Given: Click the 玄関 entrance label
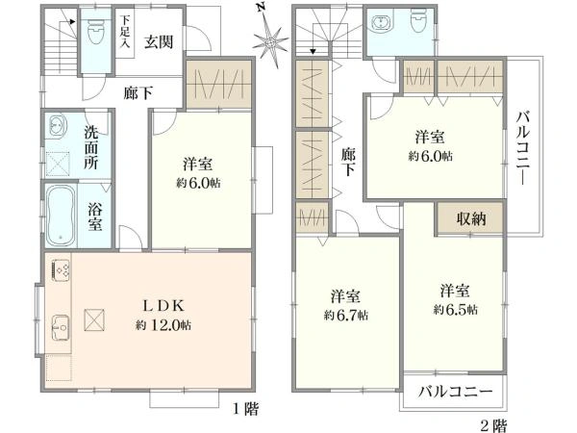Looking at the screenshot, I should [159, 41].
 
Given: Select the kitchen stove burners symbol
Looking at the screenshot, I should [60, 271].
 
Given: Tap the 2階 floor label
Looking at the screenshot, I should [495, 422].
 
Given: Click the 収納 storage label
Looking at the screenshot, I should [470, 219].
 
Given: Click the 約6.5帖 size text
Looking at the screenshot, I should [454, 309].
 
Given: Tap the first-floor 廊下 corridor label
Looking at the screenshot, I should [138, 93].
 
